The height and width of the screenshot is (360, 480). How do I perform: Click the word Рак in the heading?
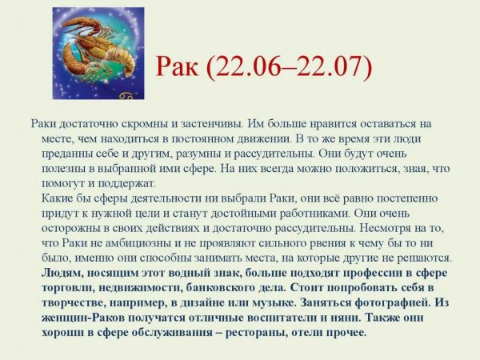click(182, 69)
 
